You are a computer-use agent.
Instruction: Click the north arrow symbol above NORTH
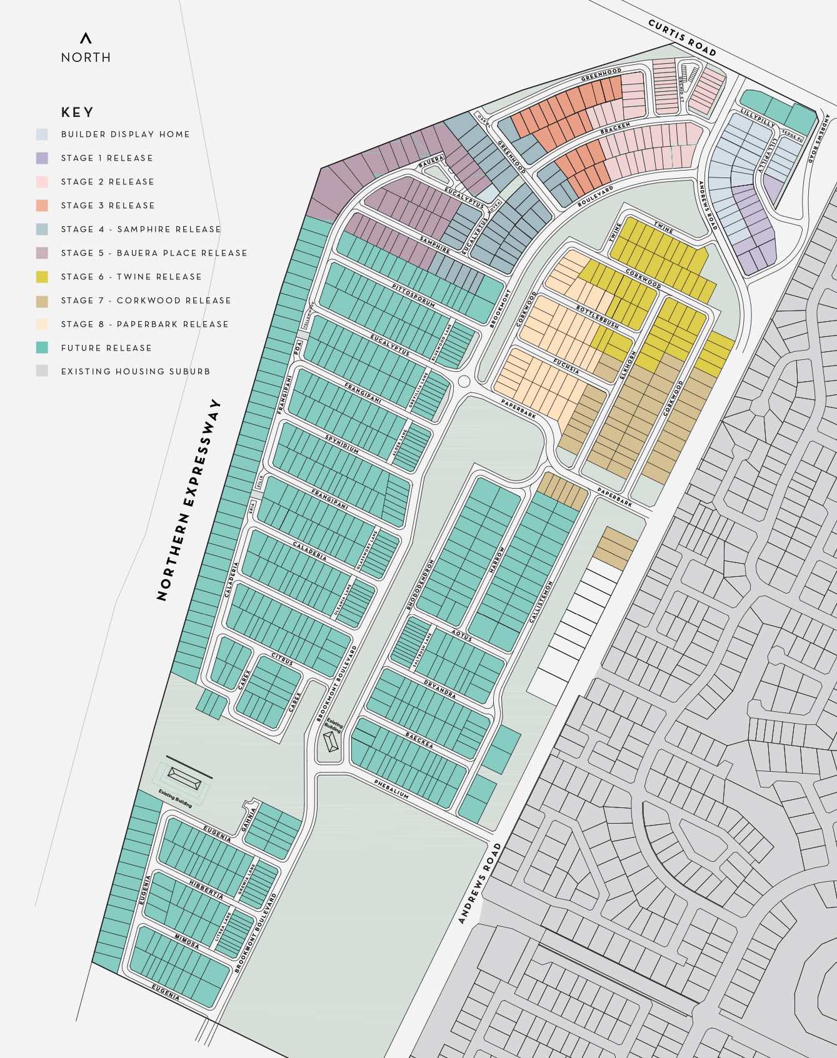point(86,38)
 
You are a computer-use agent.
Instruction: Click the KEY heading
point(78,112)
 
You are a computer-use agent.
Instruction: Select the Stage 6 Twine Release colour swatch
point(42,277)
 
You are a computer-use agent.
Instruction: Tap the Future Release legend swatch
point(42,348)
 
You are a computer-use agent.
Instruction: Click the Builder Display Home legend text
point(125,134)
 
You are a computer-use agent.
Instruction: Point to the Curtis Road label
point(681,37)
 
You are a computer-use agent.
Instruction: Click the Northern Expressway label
point(189,500)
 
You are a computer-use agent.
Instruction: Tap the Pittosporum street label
point(413,294)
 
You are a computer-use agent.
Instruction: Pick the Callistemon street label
point(542,601)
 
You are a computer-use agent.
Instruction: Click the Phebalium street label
point(391,789)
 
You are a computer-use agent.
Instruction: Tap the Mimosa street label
point(187,942)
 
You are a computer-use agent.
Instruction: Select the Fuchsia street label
point(566,366)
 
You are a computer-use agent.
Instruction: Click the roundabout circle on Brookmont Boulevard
point(464,381)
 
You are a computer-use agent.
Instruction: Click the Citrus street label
point(282,659)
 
